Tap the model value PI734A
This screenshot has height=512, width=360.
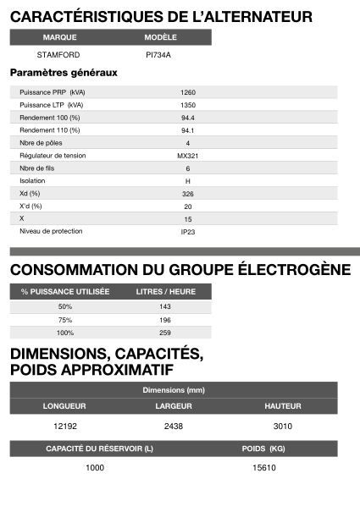(x=158, y=55)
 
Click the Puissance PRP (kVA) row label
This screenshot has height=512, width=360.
(x=52, y=92)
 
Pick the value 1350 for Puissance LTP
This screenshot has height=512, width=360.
(x=187, y=105)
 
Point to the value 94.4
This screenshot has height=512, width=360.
(x=187, y=118)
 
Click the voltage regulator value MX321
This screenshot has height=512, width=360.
(x=187, y=156)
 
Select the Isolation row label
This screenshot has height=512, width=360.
(x=32, y=181)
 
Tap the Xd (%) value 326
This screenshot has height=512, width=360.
(x=187, y=194)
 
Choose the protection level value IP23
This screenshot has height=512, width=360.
(x=187, y=231)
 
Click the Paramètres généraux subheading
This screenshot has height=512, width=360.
(x=63, y=73)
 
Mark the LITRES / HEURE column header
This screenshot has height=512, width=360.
(x=165, y=291)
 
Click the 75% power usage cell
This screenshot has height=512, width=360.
(x=65, y=319)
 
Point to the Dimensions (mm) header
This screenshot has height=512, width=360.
(x=174, y=389)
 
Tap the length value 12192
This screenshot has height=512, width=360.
(x=65, y=427)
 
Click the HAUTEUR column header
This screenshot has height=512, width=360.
(x=282, y=406)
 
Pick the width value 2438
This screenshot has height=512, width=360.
(x=174, y=427)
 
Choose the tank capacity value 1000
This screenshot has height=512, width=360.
(x=95, y=467)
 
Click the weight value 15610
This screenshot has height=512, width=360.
(x=264, y=467)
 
